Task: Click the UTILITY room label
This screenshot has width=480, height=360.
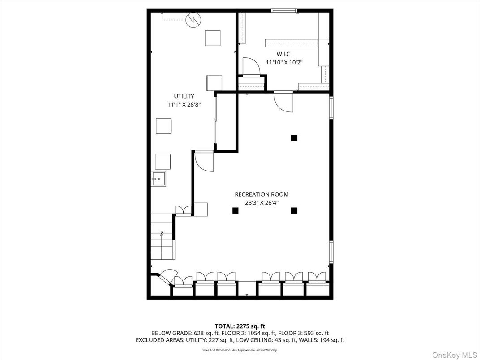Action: click(x=184, y=96)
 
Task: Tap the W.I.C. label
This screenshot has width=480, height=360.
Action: click(x=284, y=54)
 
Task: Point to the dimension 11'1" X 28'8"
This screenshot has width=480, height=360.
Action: click(x=184, y=104)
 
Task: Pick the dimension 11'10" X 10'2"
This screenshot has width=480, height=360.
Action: click(x=284, y=63)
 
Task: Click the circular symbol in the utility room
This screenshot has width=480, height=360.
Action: click(x=193, y=20)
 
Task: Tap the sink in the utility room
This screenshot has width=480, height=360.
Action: click(x=158, y=179)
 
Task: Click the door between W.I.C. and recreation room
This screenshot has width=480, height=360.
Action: click(x=283, y=101)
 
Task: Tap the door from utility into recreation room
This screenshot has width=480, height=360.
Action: click(x=204, y=161)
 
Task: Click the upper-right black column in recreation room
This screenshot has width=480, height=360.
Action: click(x=294, y=138)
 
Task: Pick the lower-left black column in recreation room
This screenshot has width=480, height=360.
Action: click(x=235, y=210)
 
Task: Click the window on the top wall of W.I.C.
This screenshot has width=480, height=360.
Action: click(x=284, y=10)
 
